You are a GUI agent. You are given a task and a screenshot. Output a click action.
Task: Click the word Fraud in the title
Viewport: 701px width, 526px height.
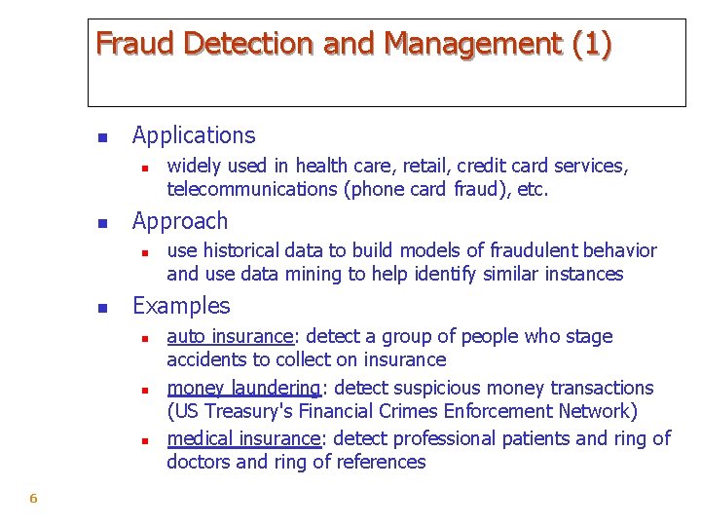(x=135, y=44)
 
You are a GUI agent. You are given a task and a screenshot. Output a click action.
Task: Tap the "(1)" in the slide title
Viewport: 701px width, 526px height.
(x=592, y=44)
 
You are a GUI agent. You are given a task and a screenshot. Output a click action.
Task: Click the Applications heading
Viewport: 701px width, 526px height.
(x=194, y=135)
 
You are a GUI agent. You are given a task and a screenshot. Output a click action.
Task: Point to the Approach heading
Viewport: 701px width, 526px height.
(x=180, y=221)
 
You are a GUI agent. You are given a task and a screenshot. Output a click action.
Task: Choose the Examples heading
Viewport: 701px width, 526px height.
(x=181, y=306)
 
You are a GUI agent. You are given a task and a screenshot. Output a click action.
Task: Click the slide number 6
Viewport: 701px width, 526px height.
(x=33, y=499)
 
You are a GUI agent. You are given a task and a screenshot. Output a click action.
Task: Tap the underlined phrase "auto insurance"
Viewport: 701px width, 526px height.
(x=230, y=337)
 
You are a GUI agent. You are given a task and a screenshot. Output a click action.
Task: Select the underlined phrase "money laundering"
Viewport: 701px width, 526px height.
(x=243, y=388)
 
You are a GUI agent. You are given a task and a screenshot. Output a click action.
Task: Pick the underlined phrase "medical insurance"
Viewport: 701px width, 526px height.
(x=243, y=438)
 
